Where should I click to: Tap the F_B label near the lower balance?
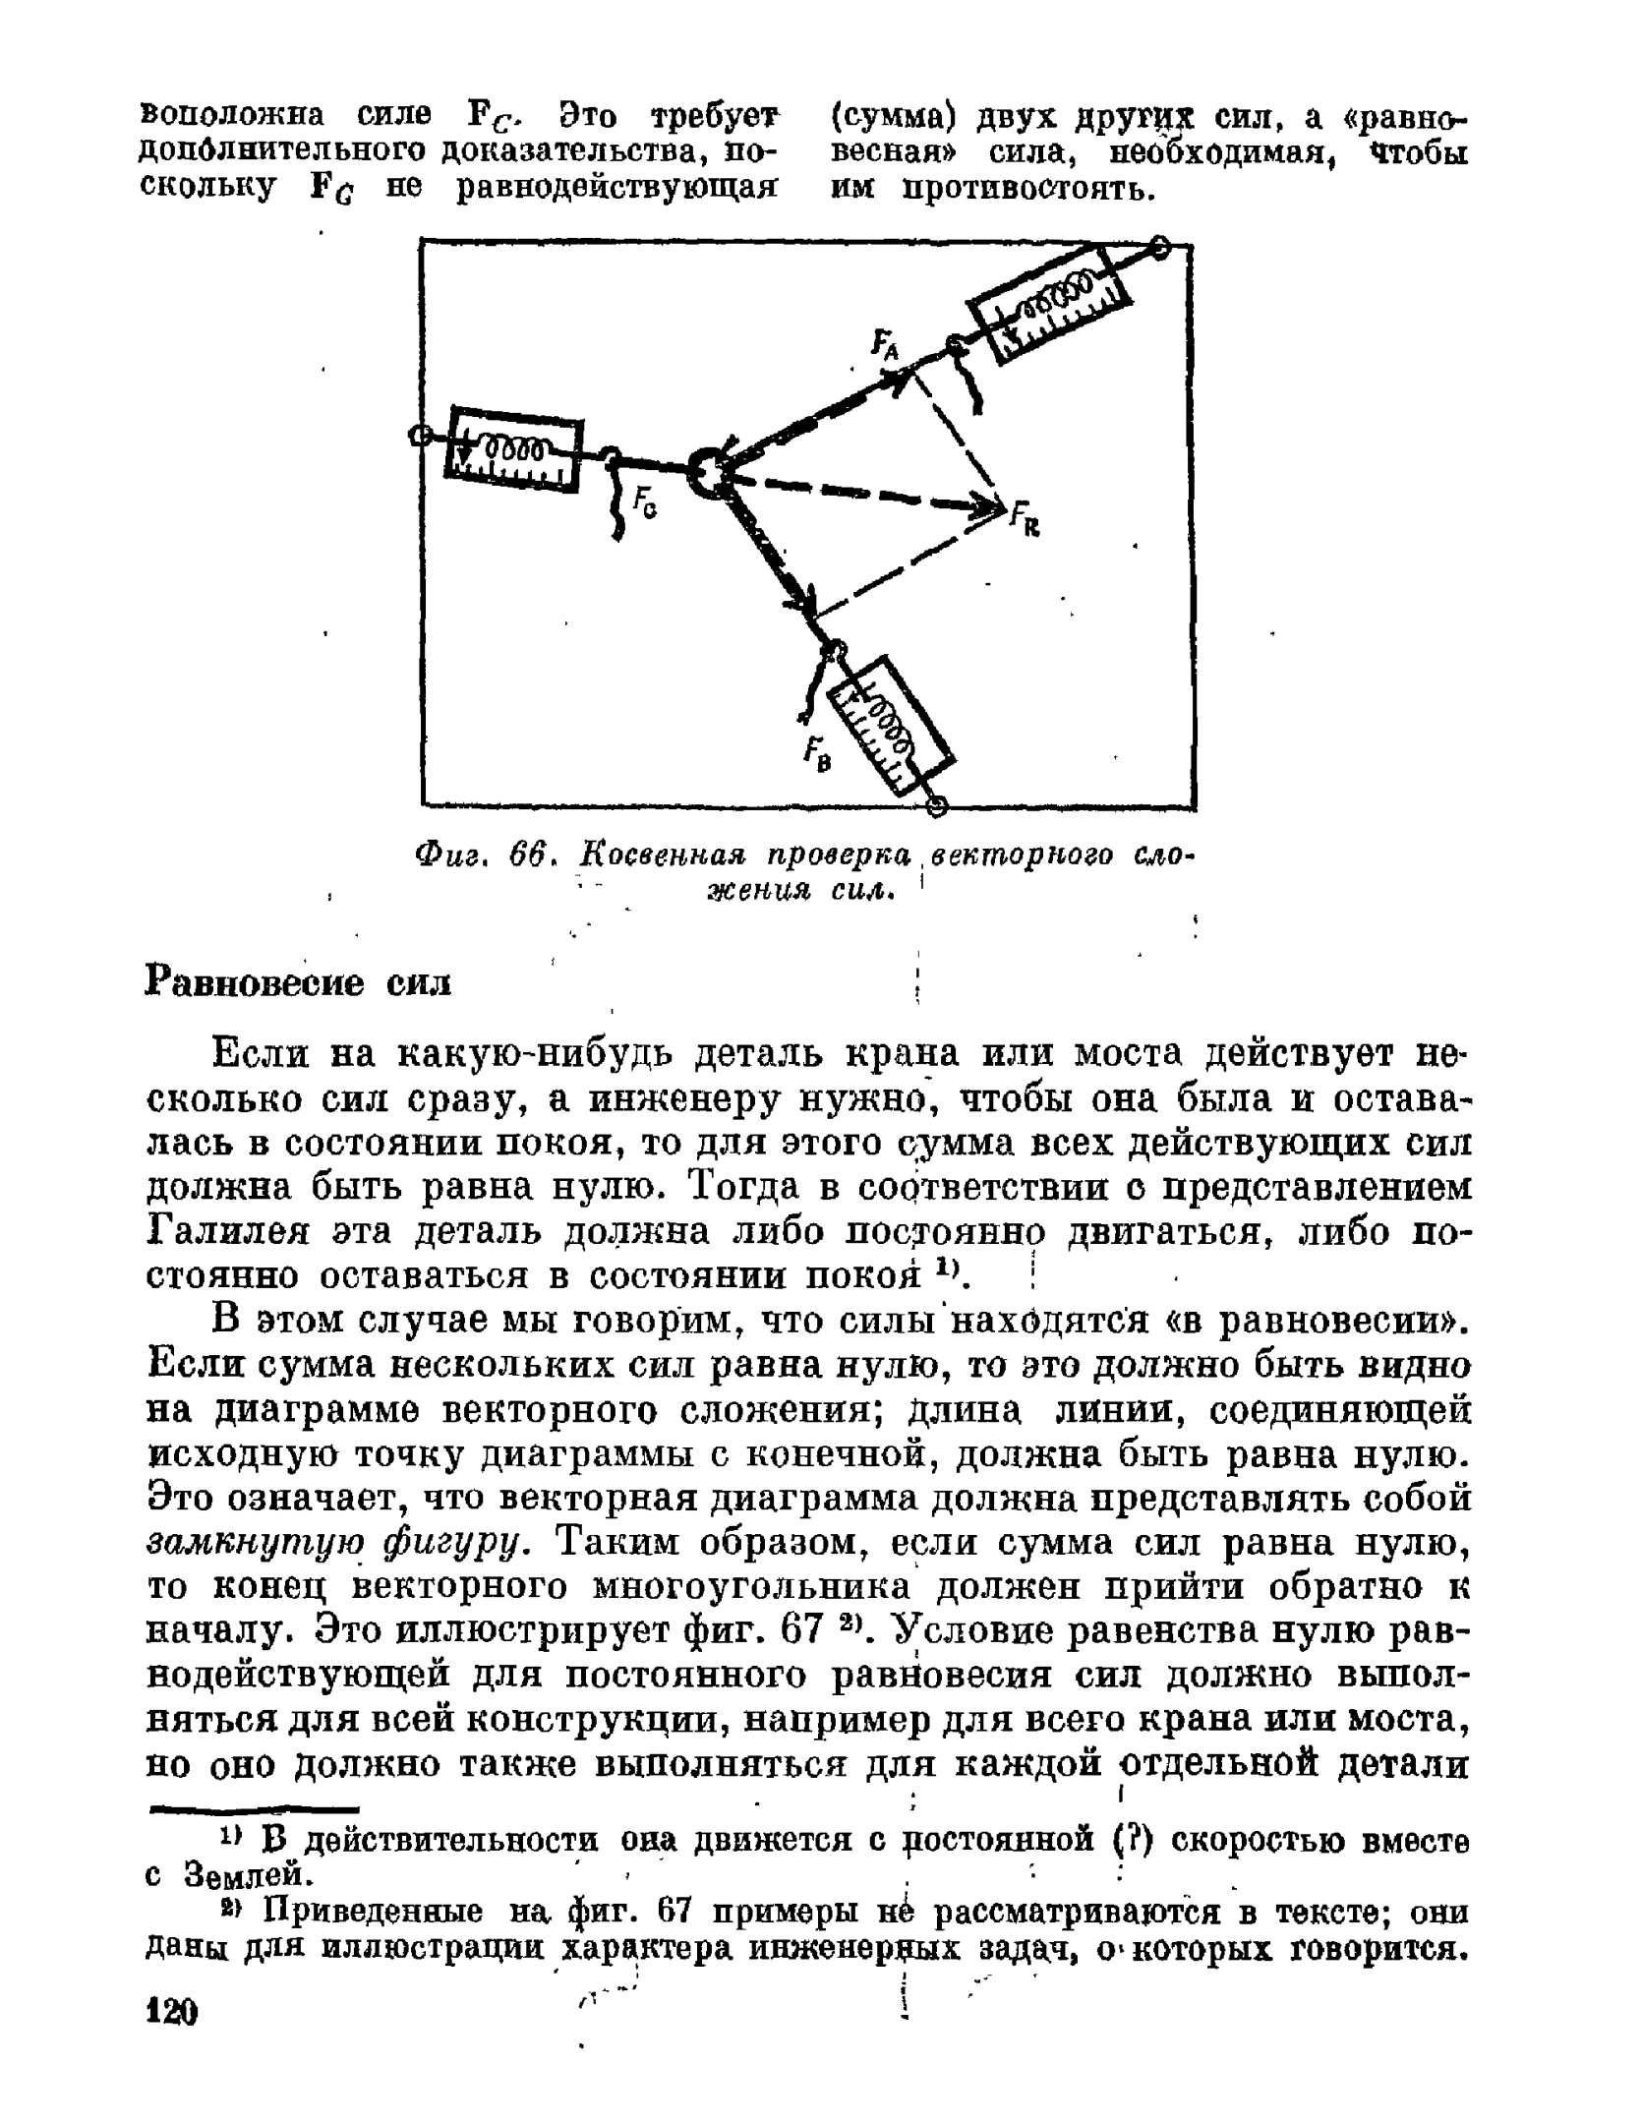(816, 755)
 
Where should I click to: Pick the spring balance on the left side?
(513, 447)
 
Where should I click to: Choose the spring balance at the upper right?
(1050, 301)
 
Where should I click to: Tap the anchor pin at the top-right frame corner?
(1160, 248)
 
